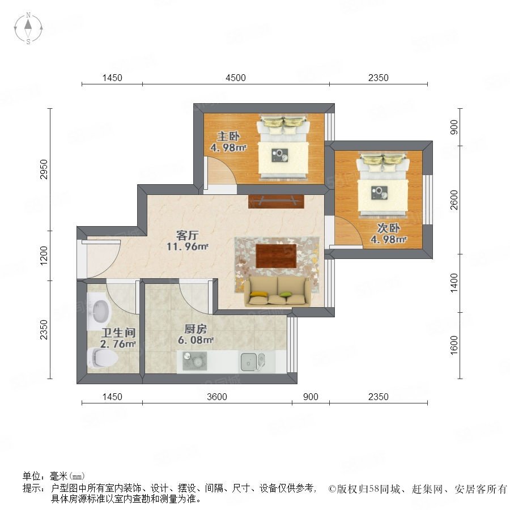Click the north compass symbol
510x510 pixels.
coord(28,28)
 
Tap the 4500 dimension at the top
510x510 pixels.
coord(236,78)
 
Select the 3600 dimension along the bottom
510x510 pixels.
coord(217,397)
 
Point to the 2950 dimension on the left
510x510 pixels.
coord(44,169)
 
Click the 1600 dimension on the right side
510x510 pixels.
coord(454,345)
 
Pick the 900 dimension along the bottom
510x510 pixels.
coord(311,397)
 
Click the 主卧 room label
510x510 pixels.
coord(228,136)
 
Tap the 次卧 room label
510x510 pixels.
coord(388,228)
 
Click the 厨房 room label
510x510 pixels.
coord(195,329)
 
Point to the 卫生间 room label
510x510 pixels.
coord(118,333)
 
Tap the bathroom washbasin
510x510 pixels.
coord(99,311)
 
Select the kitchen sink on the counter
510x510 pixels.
coord(253,362)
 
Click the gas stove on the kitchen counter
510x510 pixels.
coord(194,361)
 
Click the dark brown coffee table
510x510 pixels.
coord(276,256)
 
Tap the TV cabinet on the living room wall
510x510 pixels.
coord(276,201)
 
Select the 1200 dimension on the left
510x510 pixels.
coord(44,256)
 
